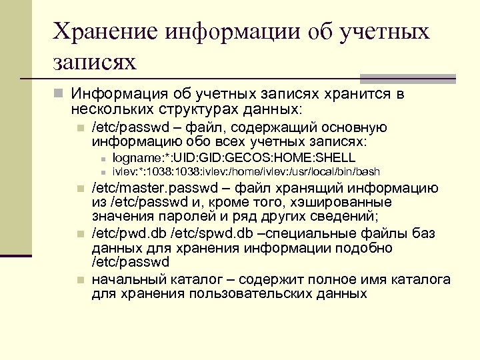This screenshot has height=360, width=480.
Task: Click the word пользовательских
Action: coord(253,294)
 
